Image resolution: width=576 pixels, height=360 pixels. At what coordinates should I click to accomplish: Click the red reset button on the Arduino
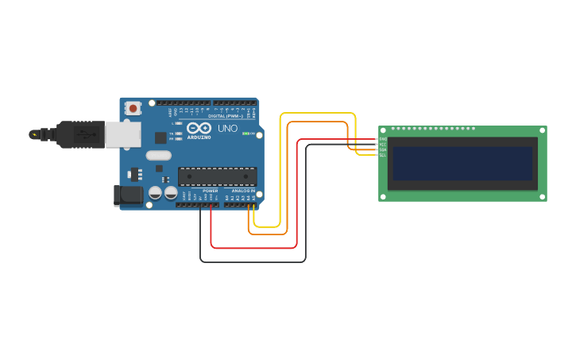pos(133,107)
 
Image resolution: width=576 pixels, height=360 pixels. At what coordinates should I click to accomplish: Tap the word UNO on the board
pos(228,129)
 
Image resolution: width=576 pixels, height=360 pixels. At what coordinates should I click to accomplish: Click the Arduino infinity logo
pos(198,127)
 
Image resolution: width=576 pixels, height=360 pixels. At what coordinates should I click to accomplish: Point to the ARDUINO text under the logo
pos(199,137)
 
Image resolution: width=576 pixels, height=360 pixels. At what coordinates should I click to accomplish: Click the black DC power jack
pos(126,195)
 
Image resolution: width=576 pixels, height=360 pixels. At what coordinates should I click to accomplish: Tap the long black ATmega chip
pos(217,176)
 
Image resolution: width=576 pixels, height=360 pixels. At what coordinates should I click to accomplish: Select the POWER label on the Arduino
pos(210,192)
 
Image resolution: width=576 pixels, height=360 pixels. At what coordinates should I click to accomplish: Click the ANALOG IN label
pos(242,192)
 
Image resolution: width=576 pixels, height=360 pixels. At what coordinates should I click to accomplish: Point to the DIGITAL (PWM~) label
pos(226,116)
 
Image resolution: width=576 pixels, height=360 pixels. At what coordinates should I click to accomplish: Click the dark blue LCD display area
pos(462,163)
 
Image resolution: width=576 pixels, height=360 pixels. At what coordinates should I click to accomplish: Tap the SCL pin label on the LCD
pos(382,155)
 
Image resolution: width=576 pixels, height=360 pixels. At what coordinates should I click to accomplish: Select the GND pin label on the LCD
pos(382,139)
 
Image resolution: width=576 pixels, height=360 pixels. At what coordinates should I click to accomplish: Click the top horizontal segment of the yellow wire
pos(317,114)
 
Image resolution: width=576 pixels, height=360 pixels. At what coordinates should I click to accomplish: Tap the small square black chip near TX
pos(160,137)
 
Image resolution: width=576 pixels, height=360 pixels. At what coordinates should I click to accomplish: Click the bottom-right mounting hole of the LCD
pos(542,196)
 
